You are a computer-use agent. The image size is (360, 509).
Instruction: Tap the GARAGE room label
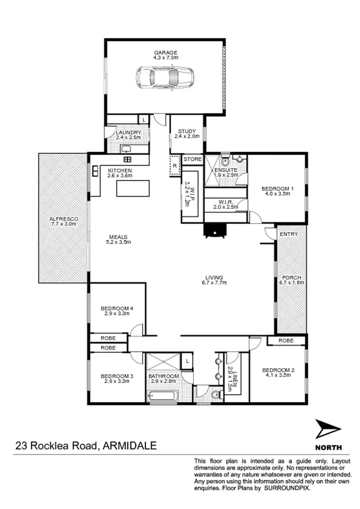166,53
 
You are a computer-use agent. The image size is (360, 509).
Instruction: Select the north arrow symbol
328,430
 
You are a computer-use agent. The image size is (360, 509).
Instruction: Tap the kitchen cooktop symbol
128,159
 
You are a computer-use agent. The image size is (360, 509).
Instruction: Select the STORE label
192,159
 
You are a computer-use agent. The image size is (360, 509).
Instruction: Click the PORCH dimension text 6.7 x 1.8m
290,283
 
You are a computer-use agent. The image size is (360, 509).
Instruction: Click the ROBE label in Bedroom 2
287,341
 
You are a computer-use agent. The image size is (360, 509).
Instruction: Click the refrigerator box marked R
175,165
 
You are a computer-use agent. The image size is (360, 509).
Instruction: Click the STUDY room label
186,131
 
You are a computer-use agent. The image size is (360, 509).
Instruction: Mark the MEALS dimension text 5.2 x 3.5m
119,242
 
